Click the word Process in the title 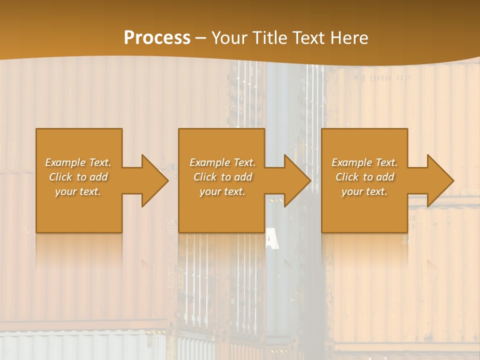[157, 38]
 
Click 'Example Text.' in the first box [78, 162]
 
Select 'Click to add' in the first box [78, 177]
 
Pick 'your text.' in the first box [78, 191]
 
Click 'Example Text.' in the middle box [222, 162]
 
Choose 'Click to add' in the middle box [222, 177]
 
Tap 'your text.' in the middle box [222, 191]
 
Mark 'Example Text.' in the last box [364, 162]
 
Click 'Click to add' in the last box [364, 177]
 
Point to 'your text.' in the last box [364, 191]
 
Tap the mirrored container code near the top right [382, 78]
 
